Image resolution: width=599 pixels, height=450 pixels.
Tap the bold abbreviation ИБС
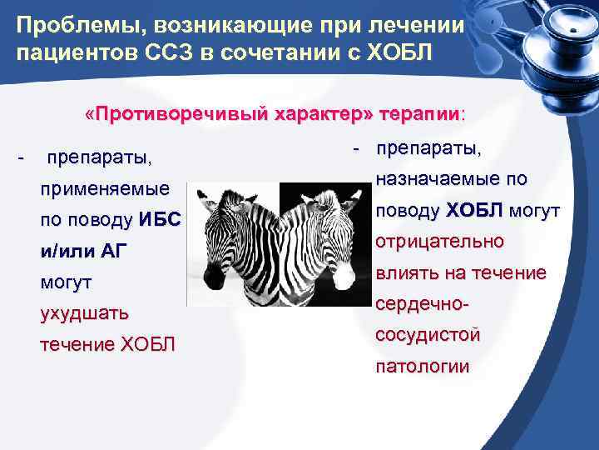click(x=160, y=220)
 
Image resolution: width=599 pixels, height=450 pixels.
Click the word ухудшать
click(x=84, y=314)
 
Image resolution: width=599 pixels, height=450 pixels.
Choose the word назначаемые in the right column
click(x=437, y=178)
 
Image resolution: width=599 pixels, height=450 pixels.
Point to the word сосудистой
click(x=428, y=335)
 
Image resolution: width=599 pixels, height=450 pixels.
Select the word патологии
click(x=423, y=366)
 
